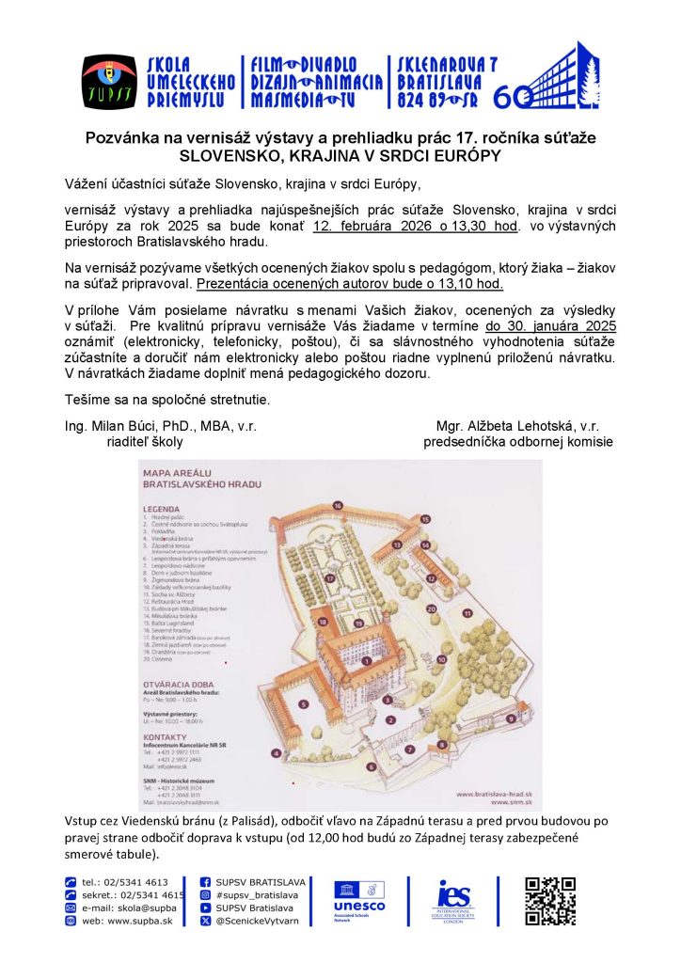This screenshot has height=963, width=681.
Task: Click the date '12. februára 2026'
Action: click(x=366, y=227)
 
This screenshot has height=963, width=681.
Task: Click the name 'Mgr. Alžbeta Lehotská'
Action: click(x=509, y=426)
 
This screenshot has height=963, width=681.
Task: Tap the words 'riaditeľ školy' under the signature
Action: click(x=145, y=441)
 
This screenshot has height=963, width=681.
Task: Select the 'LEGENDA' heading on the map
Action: click(x=162, y=508)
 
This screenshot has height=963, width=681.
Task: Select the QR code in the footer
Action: click(x=549, y=902)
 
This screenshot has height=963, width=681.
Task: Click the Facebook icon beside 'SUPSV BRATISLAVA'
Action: click(x=205, y=882)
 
